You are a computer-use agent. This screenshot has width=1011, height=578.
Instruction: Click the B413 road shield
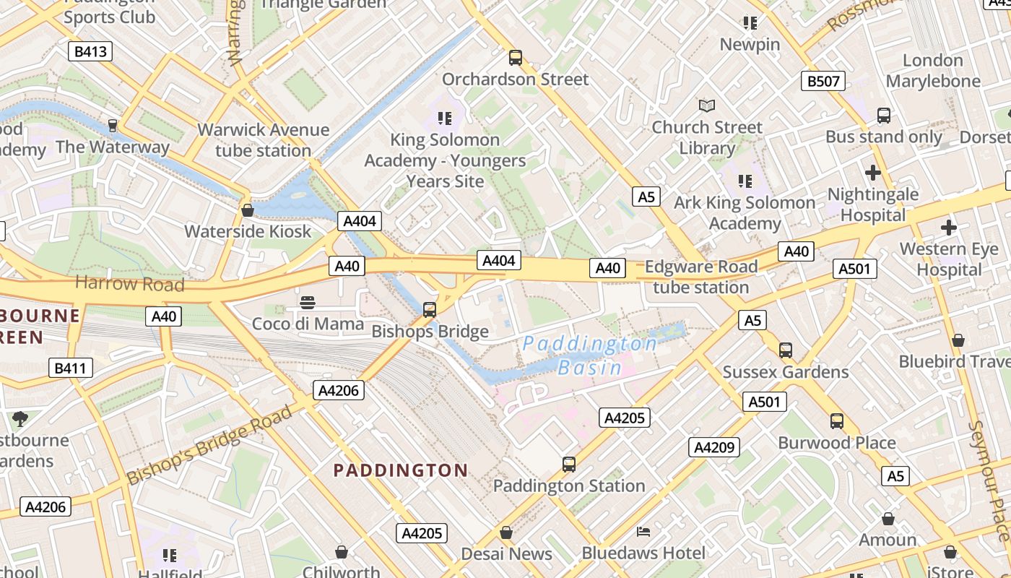90,51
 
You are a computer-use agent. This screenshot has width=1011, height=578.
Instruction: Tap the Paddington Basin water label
590,355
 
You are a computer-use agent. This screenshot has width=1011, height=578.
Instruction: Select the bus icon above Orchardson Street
515,58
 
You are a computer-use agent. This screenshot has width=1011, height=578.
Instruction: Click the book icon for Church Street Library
707,105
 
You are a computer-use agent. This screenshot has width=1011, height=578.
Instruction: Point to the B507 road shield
823,81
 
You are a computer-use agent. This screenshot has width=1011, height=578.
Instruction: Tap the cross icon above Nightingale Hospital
873,173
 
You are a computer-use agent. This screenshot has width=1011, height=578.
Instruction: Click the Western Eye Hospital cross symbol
948,228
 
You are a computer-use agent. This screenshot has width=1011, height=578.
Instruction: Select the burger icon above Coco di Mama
308,302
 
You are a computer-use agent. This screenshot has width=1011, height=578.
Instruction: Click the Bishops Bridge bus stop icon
430,310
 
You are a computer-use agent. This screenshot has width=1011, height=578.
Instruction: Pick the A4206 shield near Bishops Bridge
339,391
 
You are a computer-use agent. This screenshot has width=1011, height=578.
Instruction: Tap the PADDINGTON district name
401,470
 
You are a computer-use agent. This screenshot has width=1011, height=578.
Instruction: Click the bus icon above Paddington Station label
569,464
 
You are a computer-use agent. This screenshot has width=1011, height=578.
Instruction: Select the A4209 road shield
713,447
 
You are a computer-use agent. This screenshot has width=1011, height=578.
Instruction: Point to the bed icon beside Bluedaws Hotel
643,532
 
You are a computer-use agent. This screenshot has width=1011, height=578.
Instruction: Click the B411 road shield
70,368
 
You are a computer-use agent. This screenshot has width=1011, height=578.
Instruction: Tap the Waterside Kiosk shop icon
248,210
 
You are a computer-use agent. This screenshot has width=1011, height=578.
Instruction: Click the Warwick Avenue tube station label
263,140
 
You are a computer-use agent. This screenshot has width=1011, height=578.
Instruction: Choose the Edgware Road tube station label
700,277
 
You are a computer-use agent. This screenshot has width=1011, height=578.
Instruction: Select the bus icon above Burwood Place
837,420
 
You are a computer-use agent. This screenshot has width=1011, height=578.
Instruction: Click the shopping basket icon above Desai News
506,532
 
